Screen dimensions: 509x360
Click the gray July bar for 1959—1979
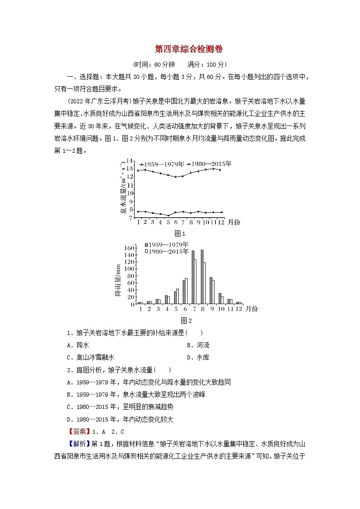coord(193,277)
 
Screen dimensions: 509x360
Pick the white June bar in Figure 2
coord(186,291)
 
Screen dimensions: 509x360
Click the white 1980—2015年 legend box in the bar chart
coord(146,252)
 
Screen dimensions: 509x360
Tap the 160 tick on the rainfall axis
coord(129,248)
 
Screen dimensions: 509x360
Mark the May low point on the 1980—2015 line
coord(168,215)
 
